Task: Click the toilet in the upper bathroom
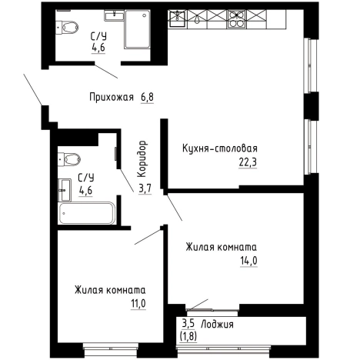tap(69, 28)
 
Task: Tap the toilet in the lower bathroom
tap(72, 159)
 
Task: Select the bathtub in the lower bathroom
tap(87, 213)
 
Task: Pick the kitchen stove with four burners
tap(235, 19)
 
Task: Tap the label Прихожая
tap(111, 98)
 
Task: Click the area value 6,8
tap(148, 98)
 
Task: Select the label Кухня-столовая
tap(219, 148)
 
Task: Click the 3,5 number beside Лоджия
tap(188, 324)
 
